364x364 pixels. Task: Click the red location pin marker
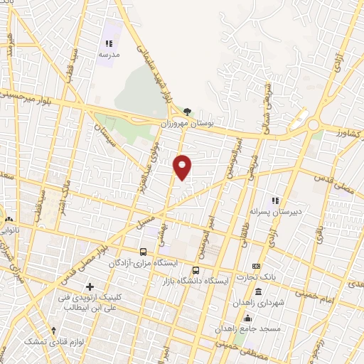[x=183, y=166]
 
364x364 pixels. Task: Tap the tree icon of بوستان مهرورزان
[x=187, y=111]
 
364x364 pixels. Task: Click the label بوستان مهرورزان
[x=187, y=123]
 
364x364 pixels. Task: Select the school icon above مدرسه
[x=109, y=43]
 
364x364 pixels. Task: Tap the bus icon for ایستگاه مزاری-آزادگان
[x=144, y=252]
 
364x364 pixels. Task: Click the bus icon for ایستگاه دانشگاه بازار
[x=196, y=270]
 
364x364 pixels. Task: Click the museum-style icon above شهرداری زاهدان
[x=257, y=291]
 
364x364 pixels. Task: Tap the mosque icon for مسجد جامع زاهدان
[x=247, y=318]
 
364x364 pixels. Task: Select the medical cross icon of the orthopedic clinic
[x=90, y=286]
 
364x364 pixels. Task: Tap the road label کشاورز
[x=339, y=132]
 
